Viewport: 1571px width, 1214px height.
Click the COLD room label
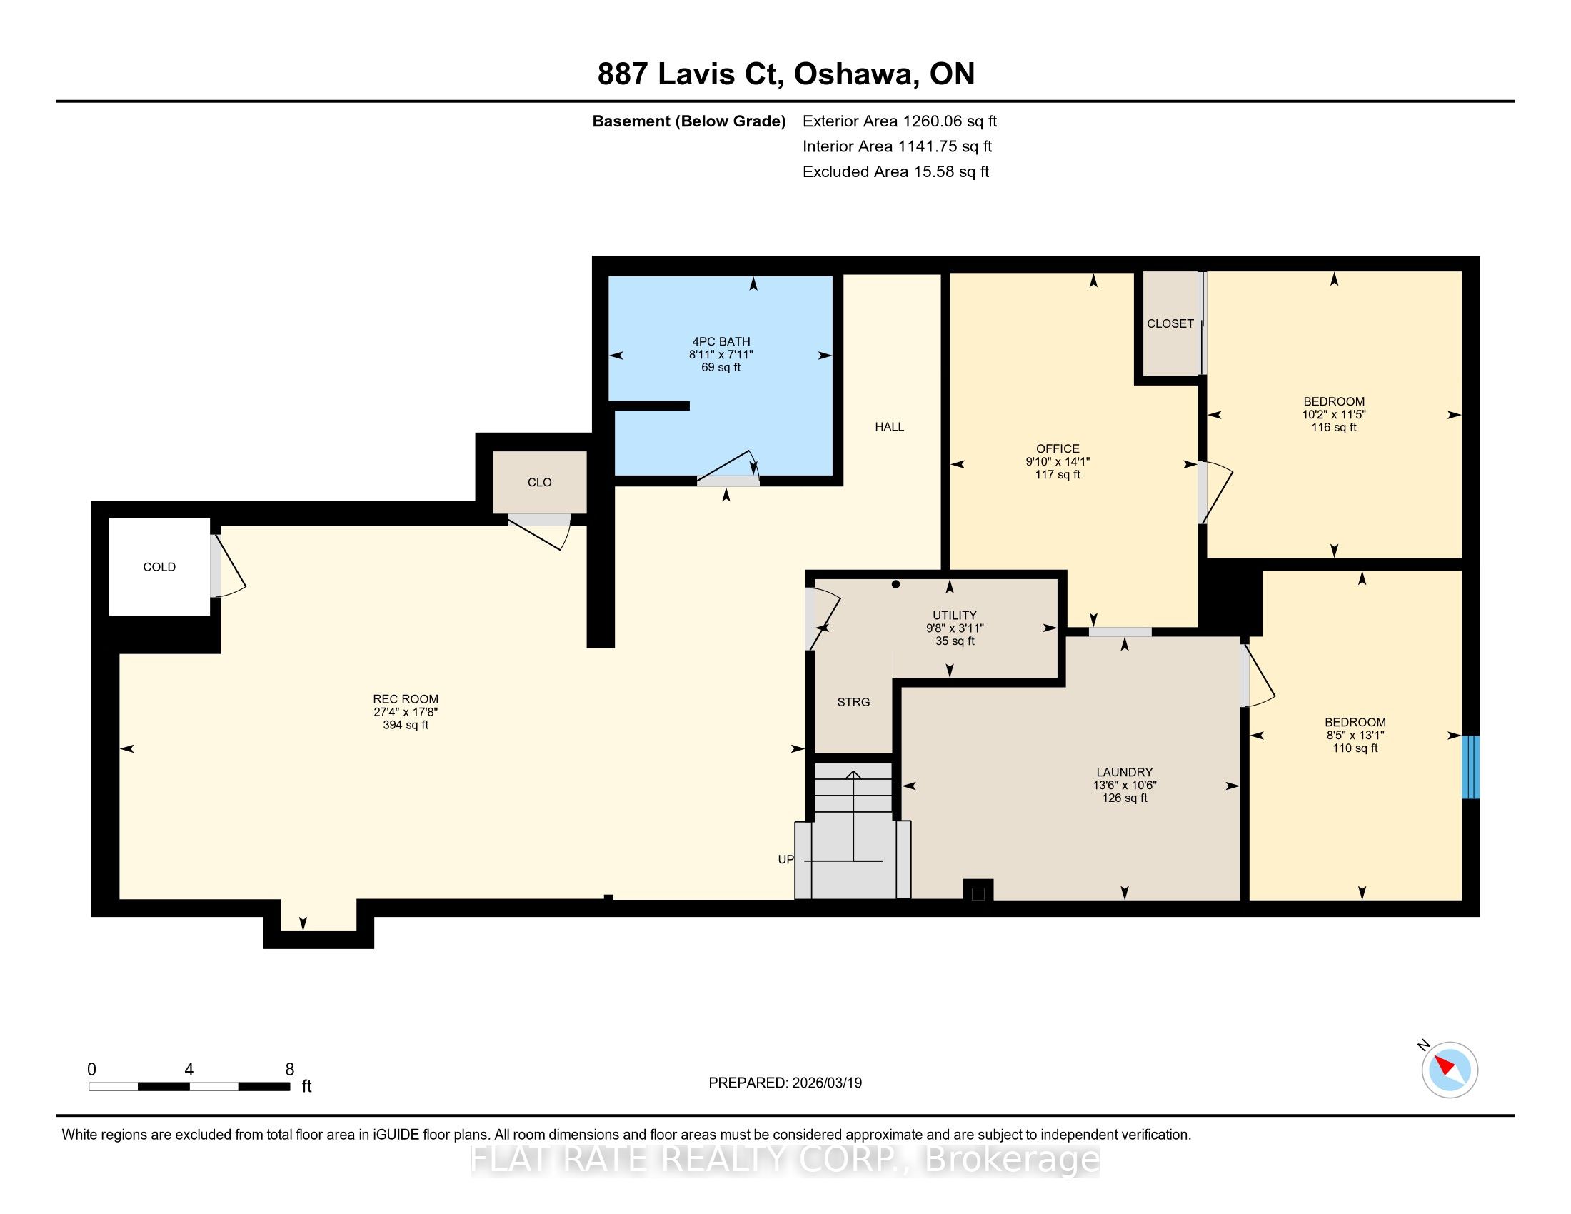(x=159, y=567)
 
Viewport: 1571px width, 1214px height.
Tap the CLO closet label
(x=539, y=483)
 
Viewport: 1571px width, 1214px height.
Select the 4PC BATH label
(x=721, y=341)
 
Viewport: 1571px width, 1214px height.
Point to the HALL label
(x=889, y=426)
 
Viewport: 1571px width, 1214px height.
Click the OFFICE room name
(x=1058, y=448)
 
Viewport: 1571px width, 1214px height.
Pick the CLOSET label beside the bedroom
(x=1170, y=323)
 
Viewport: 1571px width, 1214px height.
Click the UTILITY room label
(x=955, y=615)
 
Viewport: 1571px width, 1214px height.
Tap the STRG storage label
(x=854, y=702)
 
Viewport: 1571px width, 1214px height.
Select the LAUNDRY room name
(x=1124, y=773)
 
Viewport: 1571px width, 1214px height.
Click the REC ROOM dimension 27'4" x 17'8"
(x=406, y=712)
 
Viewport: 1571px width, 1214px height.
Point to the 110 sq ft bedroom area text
(x=1355, y=748)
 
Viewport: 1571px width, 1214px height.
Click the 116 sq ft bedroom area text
(x=1334, y=427)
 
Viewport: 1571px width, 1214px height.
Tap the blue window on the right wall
(x=1471, y=767)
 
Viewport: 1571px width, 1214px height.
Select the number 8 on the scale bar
(x=290, y=1070)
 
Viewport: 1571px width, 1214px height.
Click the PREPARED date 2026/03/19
(x=825, y=1083)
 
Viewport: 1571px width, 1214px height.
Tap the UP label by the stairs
(x=785, y=859)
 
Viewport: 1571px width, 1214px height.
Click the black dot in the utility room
(x=895, y=584)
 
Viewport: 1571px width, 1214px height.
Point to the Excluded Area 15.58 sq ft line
(x=895, y=172)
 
